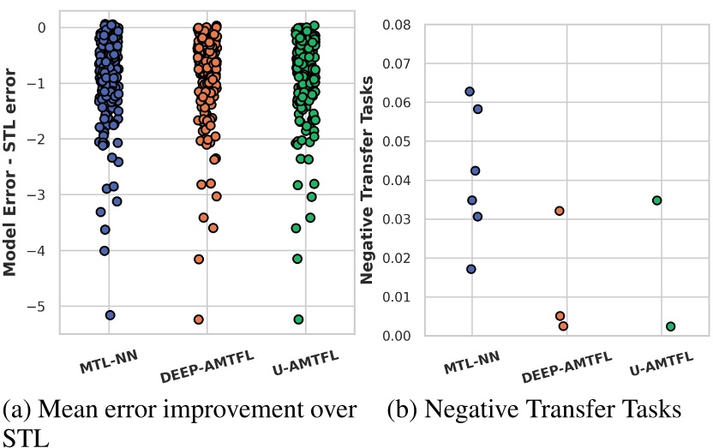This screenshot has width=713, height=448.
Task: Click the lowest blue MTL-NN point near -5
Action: point(110,315)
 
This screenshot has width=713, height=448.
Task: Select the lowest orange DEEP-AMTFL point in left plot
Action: point(199,320)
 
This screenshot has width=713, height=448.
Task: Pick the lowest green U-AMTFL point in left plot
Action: point(298,320)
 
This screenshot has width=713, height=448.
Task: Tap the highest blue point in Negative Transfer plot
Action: point(470,92)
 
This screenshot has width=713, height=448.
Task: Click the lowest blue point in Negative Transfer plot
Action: point(471,269)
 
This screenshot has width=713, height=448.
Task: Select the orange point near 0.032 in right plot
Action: point(560,211)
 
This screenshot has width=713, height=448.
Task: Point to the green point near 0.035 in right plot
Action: point(656,200)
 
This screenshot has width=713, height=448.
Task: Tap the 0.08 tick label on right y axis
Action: point(398,25)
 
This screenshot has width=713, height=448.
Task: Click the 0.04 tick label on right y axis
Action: point(398,181)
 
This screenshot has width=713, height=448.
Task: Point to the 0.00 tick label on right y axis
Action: point(398,336)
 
